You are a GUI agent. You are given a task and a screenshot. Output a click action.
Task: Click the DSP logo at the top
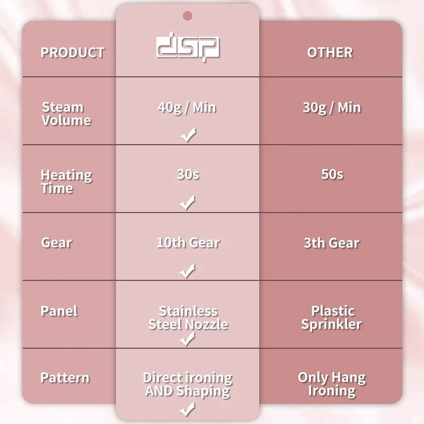click(188, 47)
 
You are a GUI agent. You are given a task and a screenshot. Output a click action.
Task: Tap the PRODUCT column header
click(73, 52)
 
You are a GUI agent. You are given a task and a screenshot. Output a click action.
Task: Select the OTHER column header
click(330, 52)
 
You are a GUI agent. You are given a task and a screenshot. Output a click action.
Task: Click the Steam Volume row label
click(67, 114)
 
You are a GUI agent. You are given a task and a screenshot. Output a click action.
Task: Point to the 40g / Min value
click(187, 108)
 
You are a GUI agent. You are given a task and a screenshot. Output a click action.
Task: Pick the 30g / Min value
click(332, 108)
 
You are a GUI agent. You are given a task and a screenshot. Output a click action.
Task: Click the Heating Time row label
click(67, 181)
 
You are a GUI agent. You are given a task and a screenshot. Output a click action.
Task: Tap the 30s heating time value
click(188, 174)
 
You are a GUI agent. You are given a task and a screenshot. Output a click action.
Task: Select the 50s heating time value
click(332, 174)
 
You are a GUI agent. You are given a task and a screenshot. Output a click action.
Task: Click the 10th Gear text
click(188, 243)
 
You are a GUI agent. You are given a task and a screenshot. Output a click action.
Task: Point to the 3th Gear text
click(332, 243)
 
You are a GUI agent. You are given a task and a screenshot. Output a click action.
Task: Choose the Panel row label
click(59, 311)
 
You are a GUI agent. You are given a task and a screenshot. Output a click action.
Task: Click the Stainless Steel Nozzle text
click(188, 317)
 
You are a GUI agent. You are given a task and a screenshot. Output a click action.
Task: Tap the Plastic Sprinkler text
click(332, 317)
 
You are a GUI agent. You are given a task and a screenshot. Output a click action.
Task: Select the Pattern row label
click(65, 377)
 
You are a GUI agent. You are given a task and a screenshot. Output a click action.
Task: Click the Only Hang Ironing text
click(332, 384)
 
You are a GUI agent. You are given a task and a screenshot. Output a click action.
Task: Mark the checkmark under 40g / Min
click(188, 135)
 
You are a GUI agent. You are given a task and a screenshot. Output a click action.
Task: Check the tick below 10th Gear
click(187, 271)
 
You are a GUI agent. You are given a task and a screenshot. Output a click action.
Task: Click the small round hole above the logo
click(188, 16)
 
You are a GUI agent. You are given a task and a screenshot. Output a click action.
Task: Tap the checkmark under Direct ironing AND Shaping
click(187, 409)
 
